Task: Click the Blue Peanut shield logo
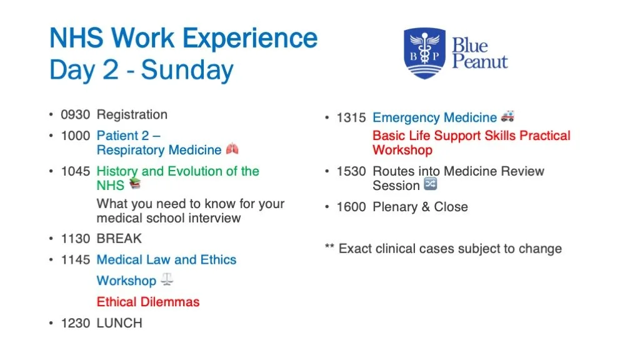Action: coord(424,53)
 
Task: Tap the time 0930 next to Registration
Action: coord(75,114)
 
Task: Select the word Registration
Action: coord(132,114)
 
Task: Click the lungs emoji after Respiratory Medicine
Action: coord(232,149)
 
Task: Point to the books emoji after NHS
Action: coord(135,184)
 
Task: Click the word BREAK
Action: coord(119,238)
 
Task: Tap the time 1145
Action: coord(75,259)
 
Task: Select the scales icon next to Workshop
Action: coord(166,280)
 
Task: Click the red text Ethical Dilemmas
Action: coord(148,302)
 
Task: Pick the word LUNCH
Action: coord(119,323)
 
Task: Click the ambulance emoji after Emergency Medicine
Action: coord(507,117)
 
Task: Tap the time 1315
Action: coord(351,118)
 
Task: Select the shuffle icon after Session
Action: coord(430,184)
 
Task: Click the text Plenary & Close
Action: coord(420,207)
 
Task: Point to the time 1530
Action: coord(351,171)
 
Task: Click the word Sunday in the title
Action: coord(187,70)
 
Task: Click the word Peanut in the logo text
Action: coord(479,62)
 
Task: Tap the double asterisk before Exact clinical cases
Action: coord(329,249)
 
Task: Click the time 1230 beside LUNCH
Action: coord(75,323)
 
